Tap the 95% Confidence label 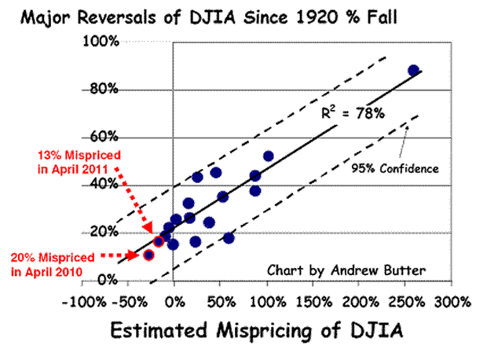pos(405,168)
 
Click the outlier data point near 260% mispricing pos(413,71)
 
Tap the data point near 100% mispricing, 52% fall pos(268,156)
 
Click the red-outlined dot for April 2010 pos(148,255)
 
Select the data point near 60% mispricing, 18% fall pos(229,237)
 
